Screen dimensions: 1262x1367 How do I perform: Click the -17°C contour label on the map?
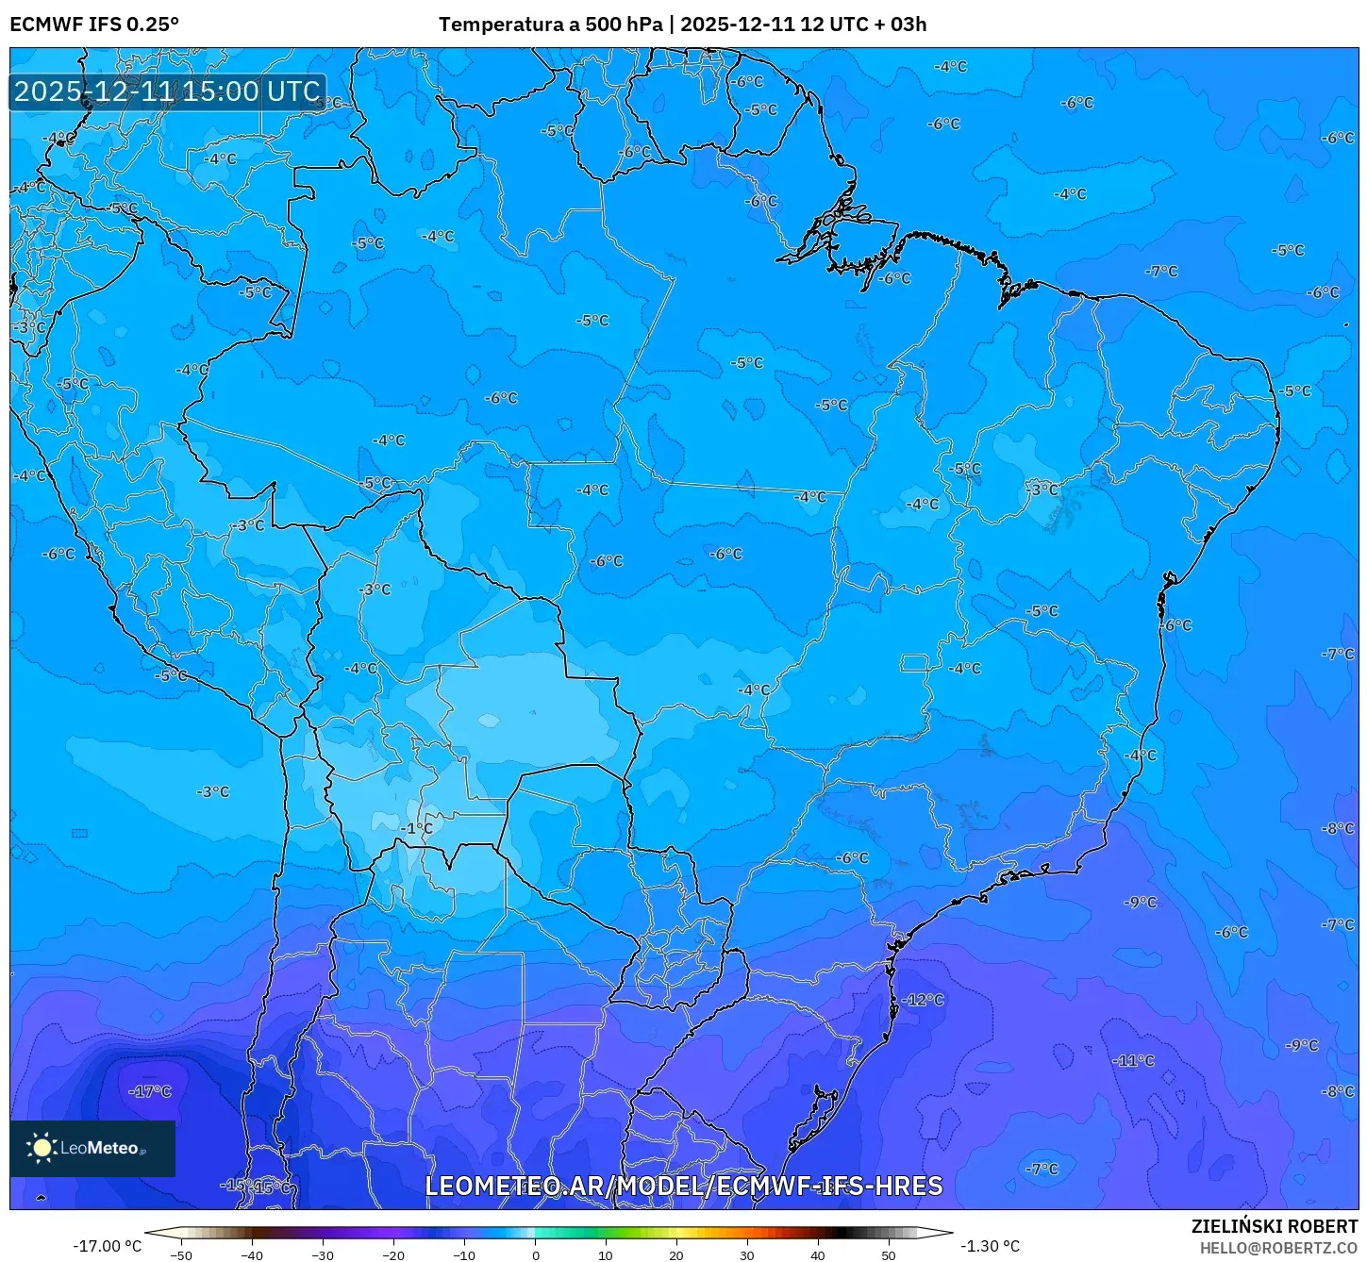(x=150, y=1091)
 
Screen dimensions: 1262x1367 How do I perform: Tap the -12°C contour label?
(x=923, y=1000)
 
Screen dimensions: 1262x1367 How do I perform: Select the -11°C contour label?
(x=1133, y=1060)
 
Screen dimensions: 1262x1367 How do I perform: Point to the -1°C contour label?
(x=416, y=828)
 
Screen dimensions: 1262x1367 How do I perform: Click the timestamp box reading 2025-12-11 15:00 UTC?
(x=167, y=91)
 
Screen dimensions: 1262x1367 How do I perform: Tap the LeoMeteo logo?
(x=92, y=1148)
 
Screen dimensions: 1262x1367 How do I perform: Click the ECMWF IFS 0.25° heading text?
(x=94, y=25)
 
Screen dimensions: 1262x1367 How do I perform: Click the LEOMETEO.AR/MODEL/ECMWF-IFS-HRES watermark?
(x=683, y=1186)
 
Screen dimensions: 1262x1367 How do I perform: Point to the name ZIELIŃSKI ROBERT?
(x=1274, y=1226)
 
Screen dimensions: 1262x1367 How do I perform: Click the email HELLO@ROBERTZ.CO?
(x=1277, y=1248)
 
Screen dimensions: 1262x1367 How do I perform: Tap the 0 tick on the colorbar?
(x=535, y=1254)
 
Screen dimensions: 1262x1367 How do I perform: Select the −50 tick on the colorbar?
(x=180, y=1254)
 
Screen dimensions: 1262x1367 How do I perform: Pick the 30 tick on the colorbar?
(x=747, y=1254)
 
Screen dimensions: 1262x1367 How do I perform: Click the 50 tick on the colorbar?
(x=889, y=1254)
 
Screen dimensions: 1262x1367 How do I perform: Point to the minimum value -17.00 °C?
(x=107, y=1246)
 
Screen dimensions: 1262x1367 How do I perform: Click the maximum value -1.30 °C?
(x=990, y=1246)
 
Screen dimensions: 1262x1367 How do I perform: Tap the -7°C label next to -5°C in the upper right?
(x=1161, y=271)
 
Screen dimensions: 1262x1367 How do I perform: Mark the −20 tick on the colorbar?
(x=393, y=1254)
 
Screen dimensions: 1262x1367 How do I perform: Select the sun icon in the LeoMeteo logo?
(x=42, y=1148)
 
